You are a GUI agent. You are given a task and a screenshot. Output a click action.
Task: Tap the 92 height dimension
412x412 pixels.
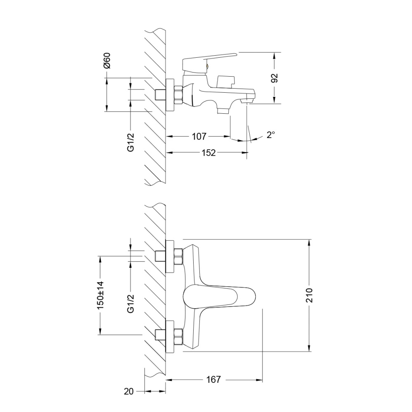tap(275, 78)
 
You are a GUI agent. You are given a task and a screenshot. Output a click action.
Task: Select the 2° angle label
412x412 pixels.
tap(270, 134)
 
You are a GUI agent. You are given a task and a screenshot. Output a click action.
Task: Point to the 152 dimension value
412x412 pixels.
tap(208, 153)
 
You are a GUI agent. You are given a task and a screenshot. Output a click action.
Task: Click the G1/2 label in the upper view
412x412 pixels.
tap(130, 142)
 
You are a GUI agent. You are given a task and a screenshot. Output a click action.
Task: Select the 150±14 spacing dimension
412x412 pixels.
tap(100, 296)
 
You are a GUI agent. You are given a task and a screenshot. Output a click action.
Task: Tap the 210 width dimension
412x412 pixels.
tap(310, 295)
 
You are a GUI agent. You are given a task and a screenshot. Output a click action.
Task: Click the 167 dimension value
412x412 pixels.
tap(213, 379)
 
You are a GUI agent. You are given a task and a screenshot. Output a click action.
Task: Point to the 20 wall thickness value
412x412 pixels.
tap(129, 391)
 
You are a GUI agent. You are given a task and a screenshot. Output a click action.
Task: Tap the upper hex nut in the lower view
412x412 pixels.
tap(178, 257)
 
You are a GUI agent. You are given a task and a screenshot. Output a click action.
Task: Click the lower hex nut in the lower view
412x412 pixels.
tap(178, 335)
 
